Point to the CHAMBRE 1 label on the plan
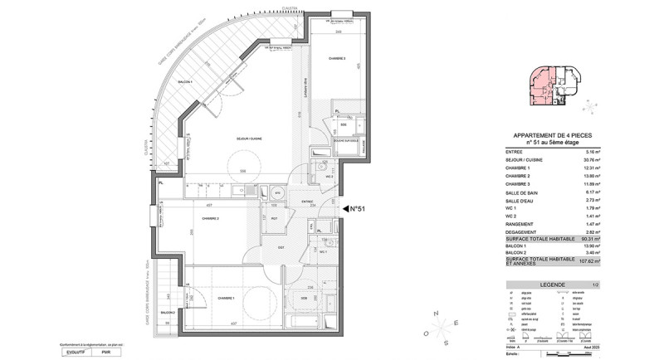click(x=226, y=298)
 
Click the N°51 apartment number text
click(x=357, y=209)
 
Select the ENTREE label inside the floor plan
click(x=306, y=201)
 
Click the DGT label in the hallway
click(x=281, y=247)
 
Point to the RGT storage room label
click(x=273, y=218)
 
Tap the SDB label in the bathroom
click(x=304, y=298)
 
